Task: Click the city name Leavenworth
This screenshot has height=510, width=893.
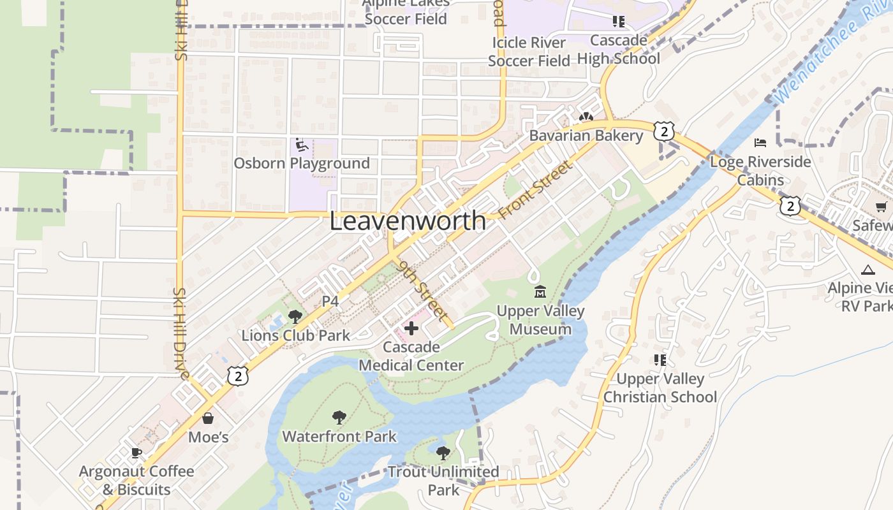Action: pyautogui.click(x=408, y=221)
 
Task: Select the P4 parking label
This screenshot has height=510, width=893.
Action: pyautogui.click(x=330, y=302)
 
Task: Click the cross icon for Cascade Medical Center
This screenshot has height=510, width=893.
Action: pyautogui.click(x=411, y=329)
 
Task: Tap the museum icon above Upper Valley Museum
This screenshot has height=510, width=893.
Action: pyautogui.click(x=540, y=292)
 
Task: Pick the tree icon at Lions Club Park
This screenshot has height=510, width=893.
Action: pyautogui.click(x=295, y=316)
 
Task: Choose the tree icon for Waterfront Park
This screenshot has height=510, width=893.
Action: pyautogui.click(x=339, y=418)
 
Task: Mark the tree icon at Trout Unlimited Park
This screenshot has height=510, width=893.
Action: pyautogui.click(x=443, y=453)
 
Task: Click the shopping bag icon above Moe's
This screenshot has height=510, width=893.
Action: pyautogui.click(x=208, y=418)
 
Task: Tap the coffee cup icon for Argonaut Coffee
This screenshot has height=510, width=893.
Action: pyautogui.click(x=136, y=453)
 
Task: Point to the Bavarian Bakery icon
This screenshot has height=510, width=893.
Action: pyautogui.click(x=586, y=117)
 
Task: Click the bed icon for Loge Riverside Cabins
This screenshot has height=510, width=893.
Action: pyautogui.click(x=760, y=142)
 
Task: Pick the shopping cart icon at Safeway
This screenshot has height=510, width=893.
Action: pyautogui.click(x=881, y=207)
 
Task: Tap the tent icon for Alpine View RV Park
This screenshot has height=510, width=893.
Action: pyautogui.click(x=867, y=270)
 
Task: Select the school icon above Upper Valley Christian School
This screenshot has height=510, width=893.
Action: pyautogui.click(x=660, y=360)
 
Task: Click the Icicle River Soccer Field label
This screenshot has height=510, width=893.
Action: pyautogui.click(x=529, y=52)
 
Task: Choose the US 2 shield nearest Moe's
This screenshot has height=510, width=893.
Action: pyautogui.click(x=237, y=376)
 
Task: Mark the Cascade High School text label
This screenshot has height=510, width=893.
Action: pyautogui.click(x=618, y=50)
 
